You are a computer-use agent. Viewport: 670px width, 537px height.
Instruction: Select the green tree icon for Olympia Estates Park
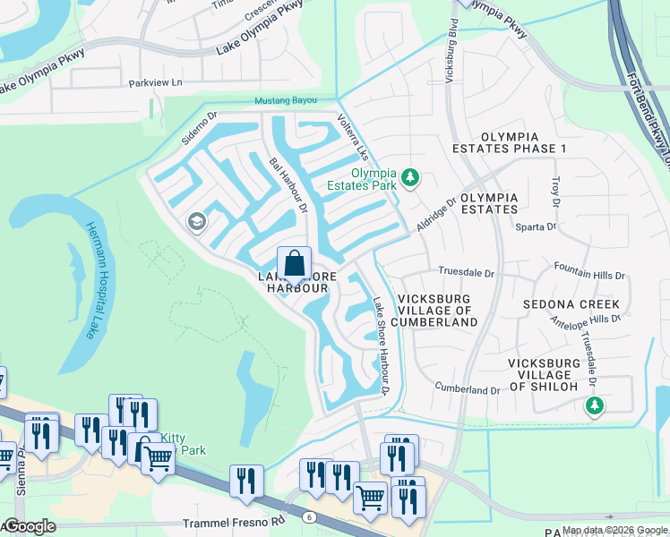(x=410, y=177)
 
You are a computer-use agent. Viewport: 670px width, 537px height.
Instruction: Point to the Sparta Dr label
(x=536, y=227)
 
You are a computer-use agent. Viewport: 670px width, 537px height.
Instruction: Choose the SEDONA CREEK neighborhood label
(x=571, y=304)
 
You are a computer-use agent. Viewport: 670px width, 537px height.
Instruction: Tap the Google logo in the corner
(x=29, y=526)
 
